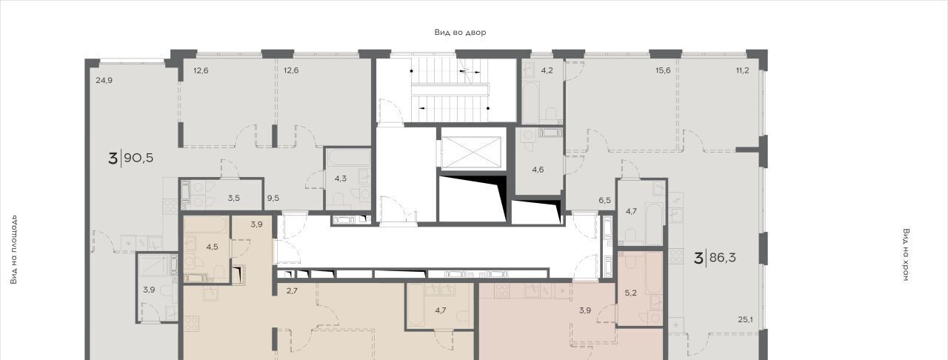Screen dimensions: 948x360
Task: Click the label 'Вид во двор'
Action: [x=460, y=32]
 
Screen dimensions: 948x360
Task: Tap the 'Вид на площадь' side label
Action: [x=14, y=250]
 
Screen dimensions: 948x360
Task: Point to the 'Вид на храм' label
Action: [x=906, y=255]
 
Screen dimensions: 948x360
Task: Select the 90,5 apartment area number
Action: [x=138, y=159]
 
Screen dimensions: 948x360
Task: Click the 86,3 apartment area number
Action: [x=722, y=258]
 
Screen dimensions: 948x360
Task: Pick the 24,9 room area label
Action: [x=104, y=81]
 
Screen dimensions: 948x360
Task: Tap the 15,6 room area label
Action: [x=663, y=70]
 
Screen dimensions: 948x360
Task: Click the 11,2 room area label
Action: [x=742, y=70]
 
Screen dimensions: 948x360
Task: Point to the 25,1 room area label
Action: [x=745, y=320]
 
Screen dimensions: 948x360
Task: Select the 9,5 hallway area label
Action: [x=273, y=198]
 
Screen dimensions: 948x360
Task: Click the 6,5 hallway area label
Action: [x=605, y=200]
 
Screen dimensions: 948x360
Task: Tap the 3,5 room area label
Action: [x=233, y=198]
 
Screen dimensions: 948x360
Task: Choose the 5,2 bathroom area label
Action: [x=630, y=293]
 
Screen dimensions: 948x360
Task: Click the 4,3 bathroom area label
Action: [x=341, y=179]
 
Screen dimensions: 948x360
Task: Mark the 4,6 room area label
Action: [x=538, y=170]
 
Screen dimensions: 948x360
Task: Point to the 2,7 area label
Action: [x=292, y=291]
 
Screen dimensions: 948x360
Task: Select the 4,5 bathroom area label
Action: [x=212, y=247]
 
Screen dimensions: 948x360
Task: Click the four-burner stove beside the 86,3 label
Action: [x=675, y=256]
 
